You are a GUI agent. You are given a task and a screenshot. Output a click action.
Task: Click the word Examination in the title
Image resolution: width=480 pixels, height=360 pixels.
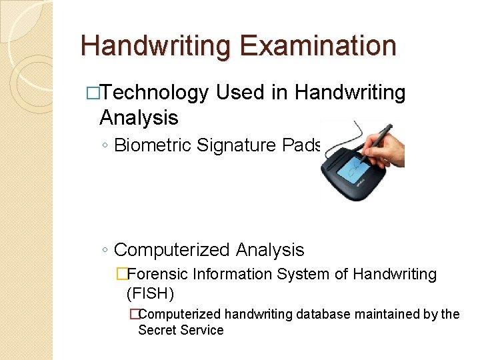click(319, 46)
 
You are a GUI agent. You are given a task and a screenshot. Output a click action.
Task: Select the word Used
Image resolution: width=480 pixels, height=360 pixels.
click(243, 93)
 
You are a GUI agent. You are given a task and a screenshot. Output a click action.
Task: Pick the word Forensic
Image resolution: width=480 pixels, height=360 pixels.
click(157, 274)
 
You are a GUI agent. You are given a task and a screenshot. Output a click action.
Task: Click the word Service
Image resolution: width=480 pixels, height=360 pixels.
click(202, 330)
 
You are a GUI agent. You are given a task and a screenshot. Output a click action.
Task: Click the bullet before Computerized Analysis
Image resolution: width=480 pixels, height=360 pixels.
click(105, 251)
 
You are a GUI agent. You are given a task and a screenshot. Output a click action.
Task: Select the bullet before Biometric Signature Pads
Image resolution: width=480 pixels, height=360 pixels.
click(105, 146)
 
